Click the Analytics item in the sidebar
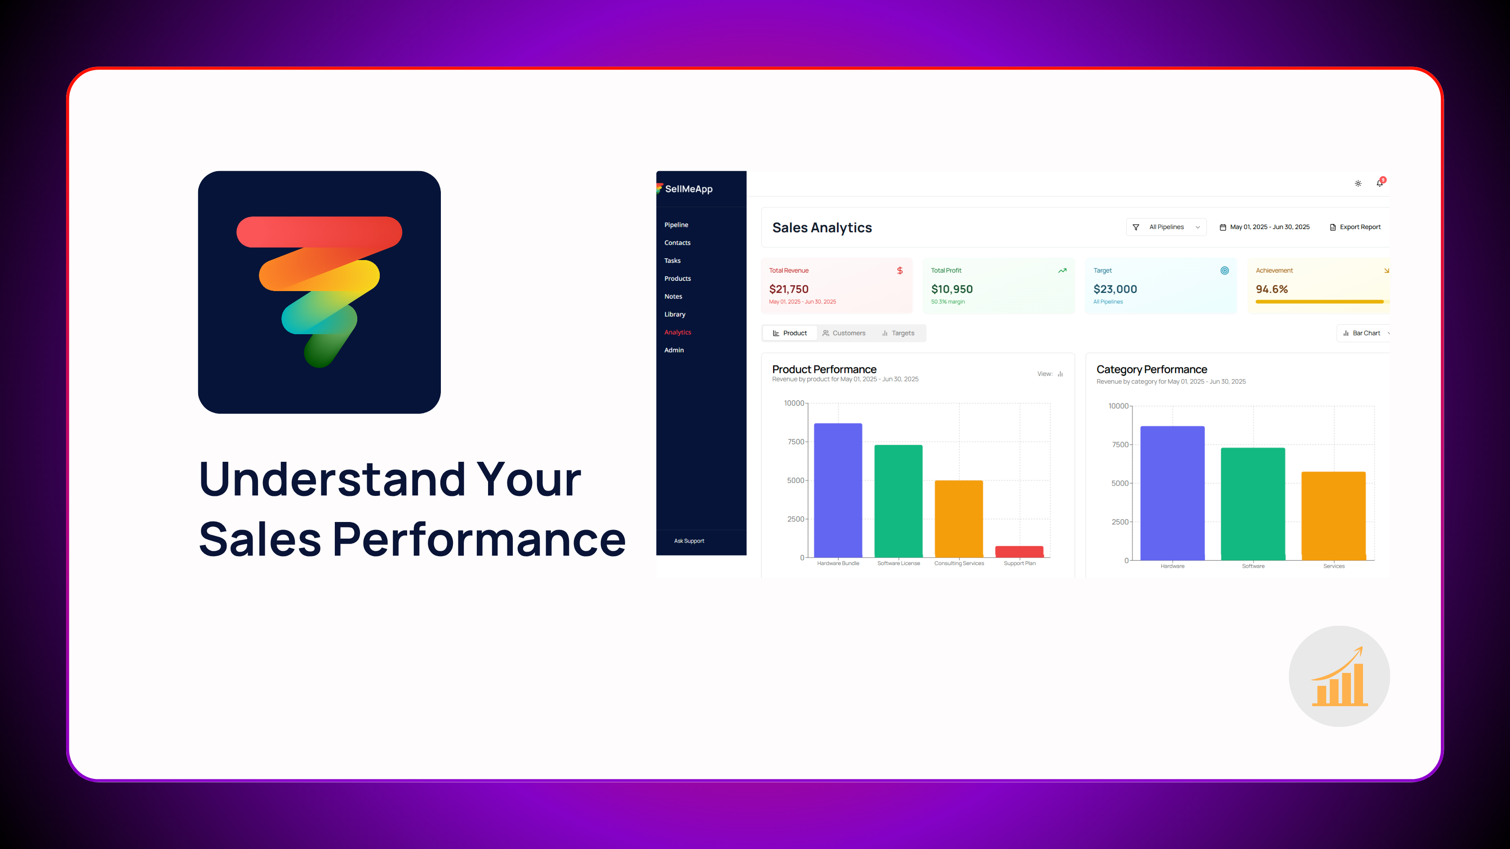(x=677, y=332)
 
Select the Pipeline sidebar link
(x=676, y=225)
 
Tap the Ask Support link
(x=689, y=541)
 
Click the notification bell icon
(x=1379, y=183)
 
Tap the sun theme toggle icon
(x=1358, y=183)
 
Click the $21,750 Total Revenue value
(x=788, y=289)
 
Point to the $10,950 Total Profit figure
(x=951, y=289)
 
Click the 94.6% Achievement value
(x=1271, y=289)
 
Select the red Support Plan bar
(x=1019, y=551)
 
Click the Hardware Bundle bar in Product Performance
(x=838, y=490)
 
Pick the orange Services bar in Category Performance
(x=1333, y=516)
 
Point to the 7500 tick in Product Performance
(x=795, y=442)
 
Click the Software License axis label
(x=898, y=563)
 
